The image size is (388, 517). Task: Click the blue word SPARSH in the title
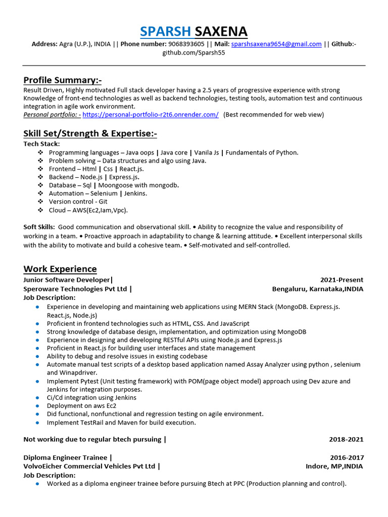click(x=166, y=31)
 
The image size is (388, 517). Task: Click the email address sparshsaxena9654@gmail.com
click(x=276, y=44)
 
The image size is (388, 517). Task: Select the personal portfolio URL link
click(x=150, y=115)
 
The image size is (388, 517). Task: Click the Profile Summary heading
click(x=63, y=80)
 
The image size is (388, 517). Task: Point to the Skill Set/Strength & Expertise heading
click(x=90, y=133)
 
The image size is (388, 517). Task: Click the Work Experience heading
click(x=60, y=269)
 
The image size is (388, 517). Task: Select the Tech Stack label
click(x=41, y=144)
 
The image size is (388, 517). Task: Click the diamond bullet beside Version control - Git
click(x=41, y=202)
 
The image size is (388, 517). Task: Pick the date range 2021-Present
click(x=342, y=280)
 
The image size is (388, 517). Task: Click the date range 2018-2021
click(x=346, y=440)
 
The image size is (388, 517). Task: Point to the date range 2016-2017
click(x=346, y=458)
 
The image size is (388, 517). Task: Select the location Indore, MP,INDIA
click(x=334, y=467)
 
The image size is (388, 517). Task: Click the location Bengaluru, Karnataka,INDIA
click(x=317, y=289)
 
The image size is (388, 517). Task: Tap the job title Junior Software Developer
click(x=66, y=280)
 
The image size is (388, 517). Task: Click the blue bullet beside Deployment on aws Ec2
click(x=38, y=406)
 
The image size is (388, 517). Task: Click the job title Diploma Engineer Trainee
click(x=66, y=458)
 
